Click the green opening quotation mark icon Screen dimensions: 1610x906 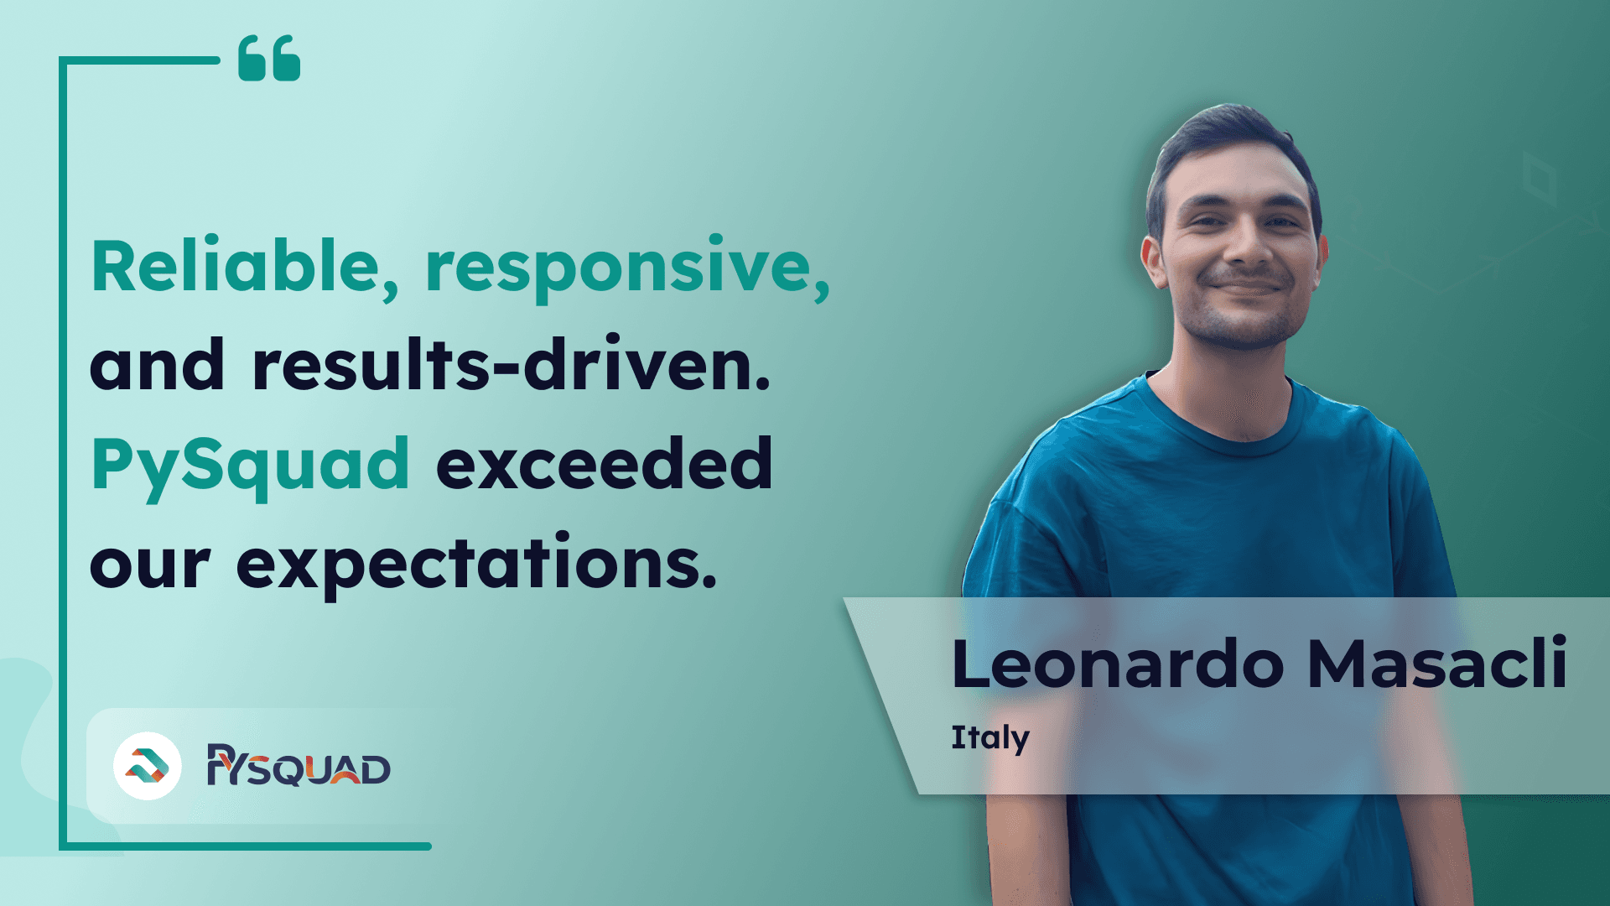coord(269,59)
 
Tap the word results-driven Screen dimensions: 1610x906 coord(511,365)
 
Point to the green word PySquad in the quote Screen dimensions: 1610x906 coord(250,466)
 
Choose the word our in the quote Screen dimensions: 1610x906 coord(149,566)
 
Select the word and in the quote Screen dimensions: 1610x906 coord(157,365)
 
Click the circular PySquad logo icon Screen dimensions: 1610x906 coord(148,766)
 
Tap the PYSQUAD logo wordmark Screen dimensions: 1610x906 coord(299,765)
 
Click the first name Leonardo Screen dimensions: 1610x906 coord(1118,664)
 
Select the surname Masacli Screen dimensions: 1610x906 coord(1437,664)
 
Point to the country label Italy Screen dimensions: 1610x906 coord(990,738)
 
